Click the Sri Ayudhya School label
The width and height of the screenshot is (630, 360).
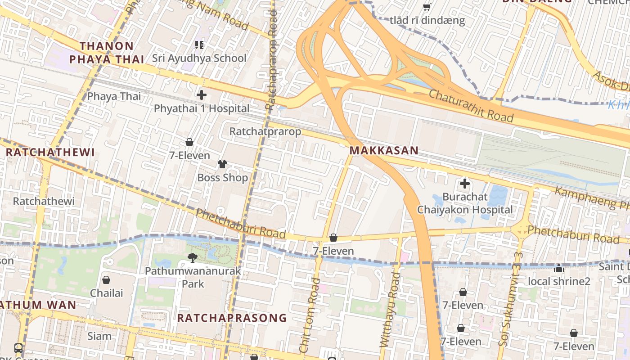click(199, 58)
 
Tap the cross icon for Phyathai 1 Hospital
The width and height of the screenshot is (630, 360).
click(202, 95)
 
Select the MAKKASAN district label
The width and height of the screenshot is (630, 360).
click(384, 151)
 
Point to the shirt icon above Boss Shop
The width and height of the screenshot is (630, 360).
click(222, 164)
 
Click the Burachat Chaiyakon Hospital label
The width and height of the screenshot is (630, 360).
click(465, 203)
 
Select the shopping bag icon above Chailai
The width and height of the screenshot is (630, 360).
click(106, 280)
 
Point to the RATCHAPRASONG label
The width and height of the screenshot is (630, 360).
click(232, 318)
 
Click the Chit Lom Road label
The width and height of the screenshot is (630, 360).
click(310, 315)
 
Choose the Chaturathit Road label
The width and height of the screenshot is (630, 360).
click(471, 106)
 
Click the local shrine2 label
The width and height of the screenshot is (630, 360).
click(558, 282)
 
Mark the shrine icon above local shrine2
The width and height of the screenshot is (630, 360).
click(559, 269)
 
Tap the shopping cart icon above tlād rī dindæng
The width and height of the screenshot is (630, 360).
click(427, 7)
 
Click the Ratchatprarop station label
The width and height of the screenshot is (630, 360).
click(265, 131)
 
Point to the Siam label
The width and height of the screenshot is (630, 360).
click(99, 336)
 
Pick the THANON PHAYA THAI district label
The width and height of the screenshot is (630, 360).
click(107, 53)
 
